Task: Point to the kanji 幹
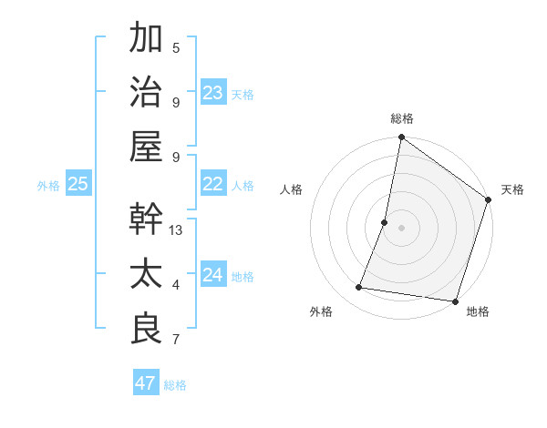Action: pyautogui.click(x=147, y=219)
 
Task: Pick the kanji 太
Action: pyautogui.click(x=147, y=274)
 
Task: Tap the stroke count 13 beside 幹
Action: pyautogui.click(x=177, y=229)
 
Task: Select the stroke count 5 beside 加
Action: pyautogui.click(x=176, y=48)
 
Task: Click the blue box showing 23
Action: pyautogui.click(x=213, y=92)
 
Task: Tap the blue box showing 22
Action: pyautogui.click(x=213, y=184)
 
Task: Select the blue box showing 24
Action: pyautogui.click(x=213, y=275)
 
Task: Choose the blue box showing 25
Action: pyautogui.click(x=78, y=184)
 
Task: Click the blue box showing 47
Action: pyautogui.click(x=146, y=383)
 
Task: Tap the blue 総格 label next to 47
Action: pyautogui.click(x=175, y=385)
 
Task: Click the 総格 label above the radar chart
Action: pyautogui.click(x=402, y=118)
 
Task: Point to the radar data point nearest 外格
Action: pyautogui.click(x=359, y=288)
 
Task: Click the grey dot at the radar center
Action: pyautogui.click(x=402, y=228)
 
